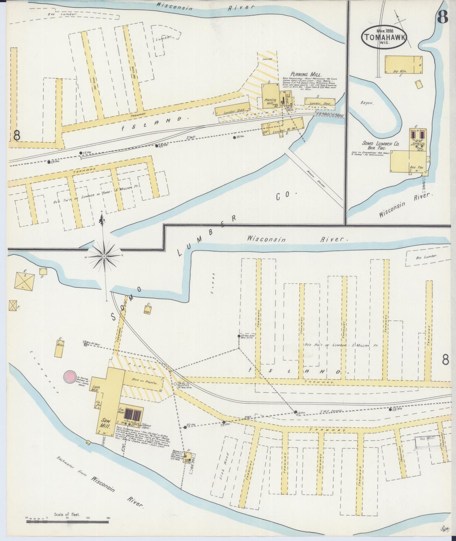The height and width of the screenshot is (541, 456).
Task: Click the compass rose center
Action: tap(104, 256)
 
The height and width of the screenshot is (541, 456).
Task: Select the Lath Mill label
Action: tap(96, 388)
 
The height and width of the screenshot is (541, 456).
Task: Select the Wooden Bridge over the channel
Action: tap(314, 178)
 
